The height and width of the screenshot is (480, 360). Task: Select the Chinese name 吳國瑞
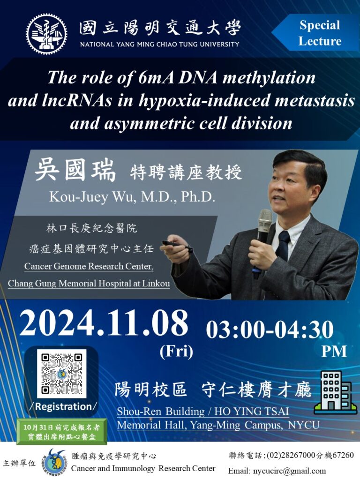pyautogui.click(x=75, y=171)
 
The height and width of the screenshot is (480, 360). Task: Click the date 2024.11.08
pyautogui.click(x=104, y=323)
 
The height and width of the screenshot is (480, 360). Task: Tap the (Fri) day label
pyautogui.click(x=176, y=351)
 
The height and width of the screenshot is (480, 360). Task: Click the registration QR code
pyautogui.click(x=62, y=374)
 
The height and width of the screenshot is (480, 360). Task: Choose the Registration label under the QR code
pyautogui.click(x=64, y=406)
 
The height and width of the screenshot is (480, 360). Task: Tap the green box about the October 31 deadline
pyautogui.click(x=62, y=432)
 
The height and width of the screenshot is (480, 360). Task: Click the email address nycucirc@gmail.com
pyautogui.click(x=289, y=471)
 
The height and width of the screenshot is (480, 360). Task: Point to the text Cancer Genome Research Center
pyautogui.click(x=89, y=266)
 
